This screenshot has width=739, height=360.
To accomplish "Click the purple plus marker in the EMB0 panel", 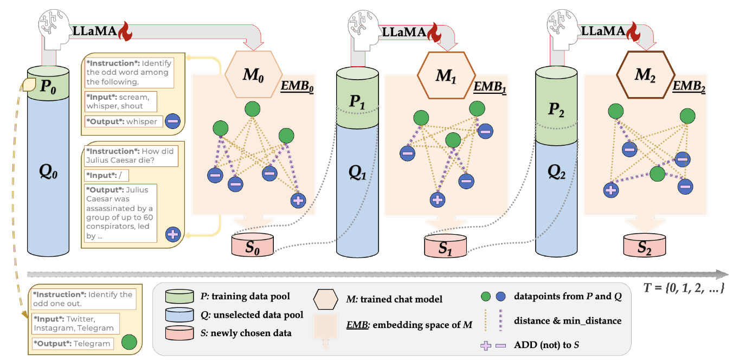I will pyautogui.click(x=298, y=201).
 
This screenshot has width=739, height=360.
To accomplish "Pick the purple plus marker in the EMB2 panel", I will pyautogui.click(x=611, y=190).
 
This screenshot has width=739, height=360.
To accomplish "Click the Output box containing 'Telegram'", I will pyautogui.click(x=73, y=343).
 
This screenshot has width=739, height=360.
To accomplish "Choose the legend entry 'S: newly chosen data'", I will pyautogui.click(x=242, y=332).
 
